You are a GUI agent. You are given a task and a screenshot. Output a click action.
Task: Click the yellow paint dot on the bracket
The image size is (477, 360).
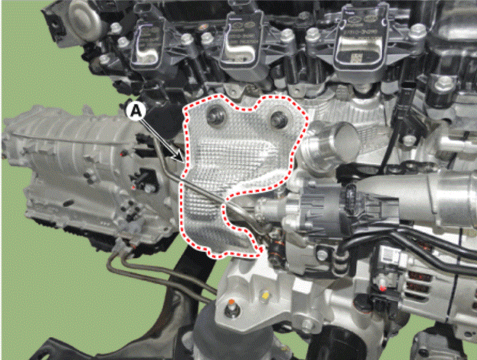pos(265,295)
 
